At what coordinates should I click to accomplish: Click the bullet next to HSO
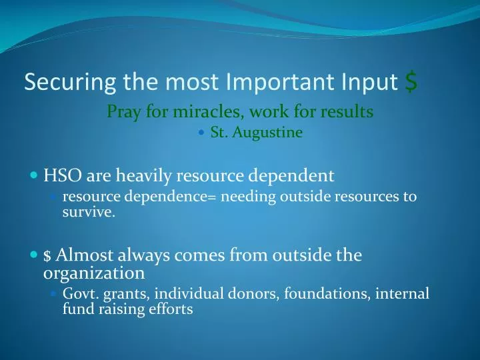click(35, 177)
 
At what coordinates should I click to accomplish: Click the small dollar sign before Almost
click(47, 256)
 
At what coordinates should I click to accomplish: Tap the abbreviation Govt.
click(79, 294)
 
